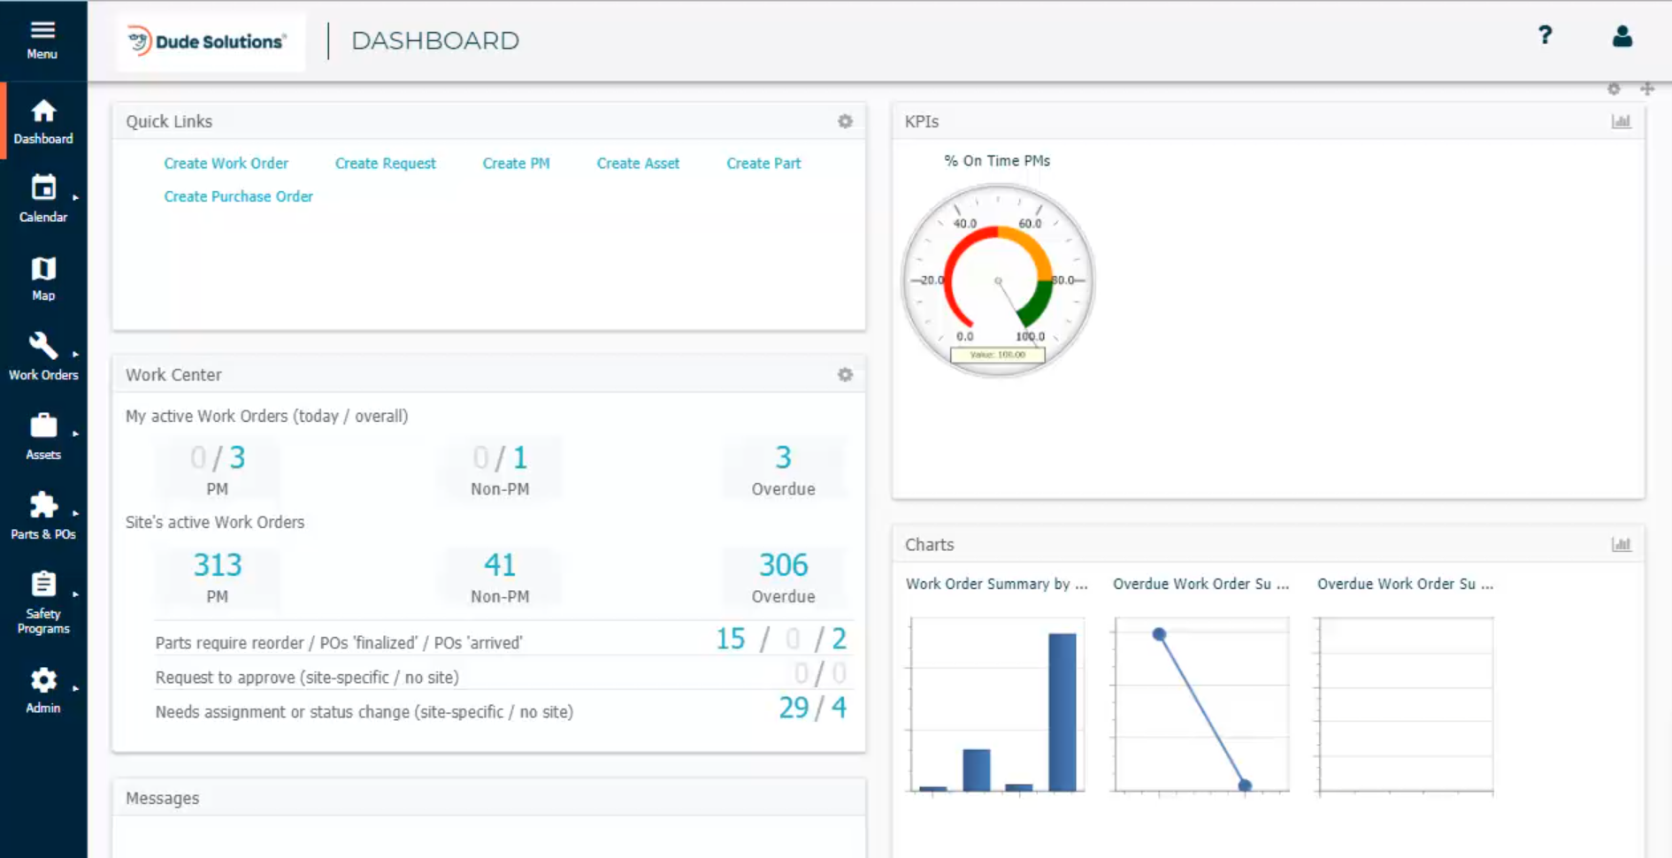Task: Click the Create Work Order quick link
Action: [x=226, y=164]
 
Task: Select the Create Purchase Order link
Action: [x=238, y=196]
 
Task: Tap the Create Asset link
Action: [x=638, y=164]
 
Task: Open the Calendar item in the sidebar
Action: [x=43, y=198]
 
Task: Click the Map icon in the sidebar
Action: [x=43, y=269]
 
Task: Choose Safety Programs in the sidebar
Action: [x=43, y=603]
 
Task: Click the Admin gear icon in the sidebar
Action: [x=43, y=680]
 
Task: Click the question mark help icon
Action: [x=1545, y=35]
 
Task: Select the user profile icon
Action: [x=1622, y=36]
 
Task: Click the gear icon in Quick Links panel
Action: [x=845, y=121]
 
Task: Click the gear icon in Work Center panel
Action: [x=845, y=375]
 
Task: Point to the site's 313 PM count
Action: [x=218, y=565]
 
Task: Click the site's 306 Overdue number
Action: [x=783, y=565]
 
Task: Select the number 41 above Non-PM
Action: [x=500, y=565]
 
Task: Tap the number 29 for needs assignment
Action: [x=794, y=708]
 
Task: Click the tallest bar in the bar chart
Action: [x=1062, y=711]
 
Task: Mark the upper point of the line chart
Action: [x=1159, y=634]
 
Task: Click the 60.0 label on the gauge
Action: [x=1030, y=224]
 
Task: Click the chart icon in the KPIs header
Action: [x=1621, y=121]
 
